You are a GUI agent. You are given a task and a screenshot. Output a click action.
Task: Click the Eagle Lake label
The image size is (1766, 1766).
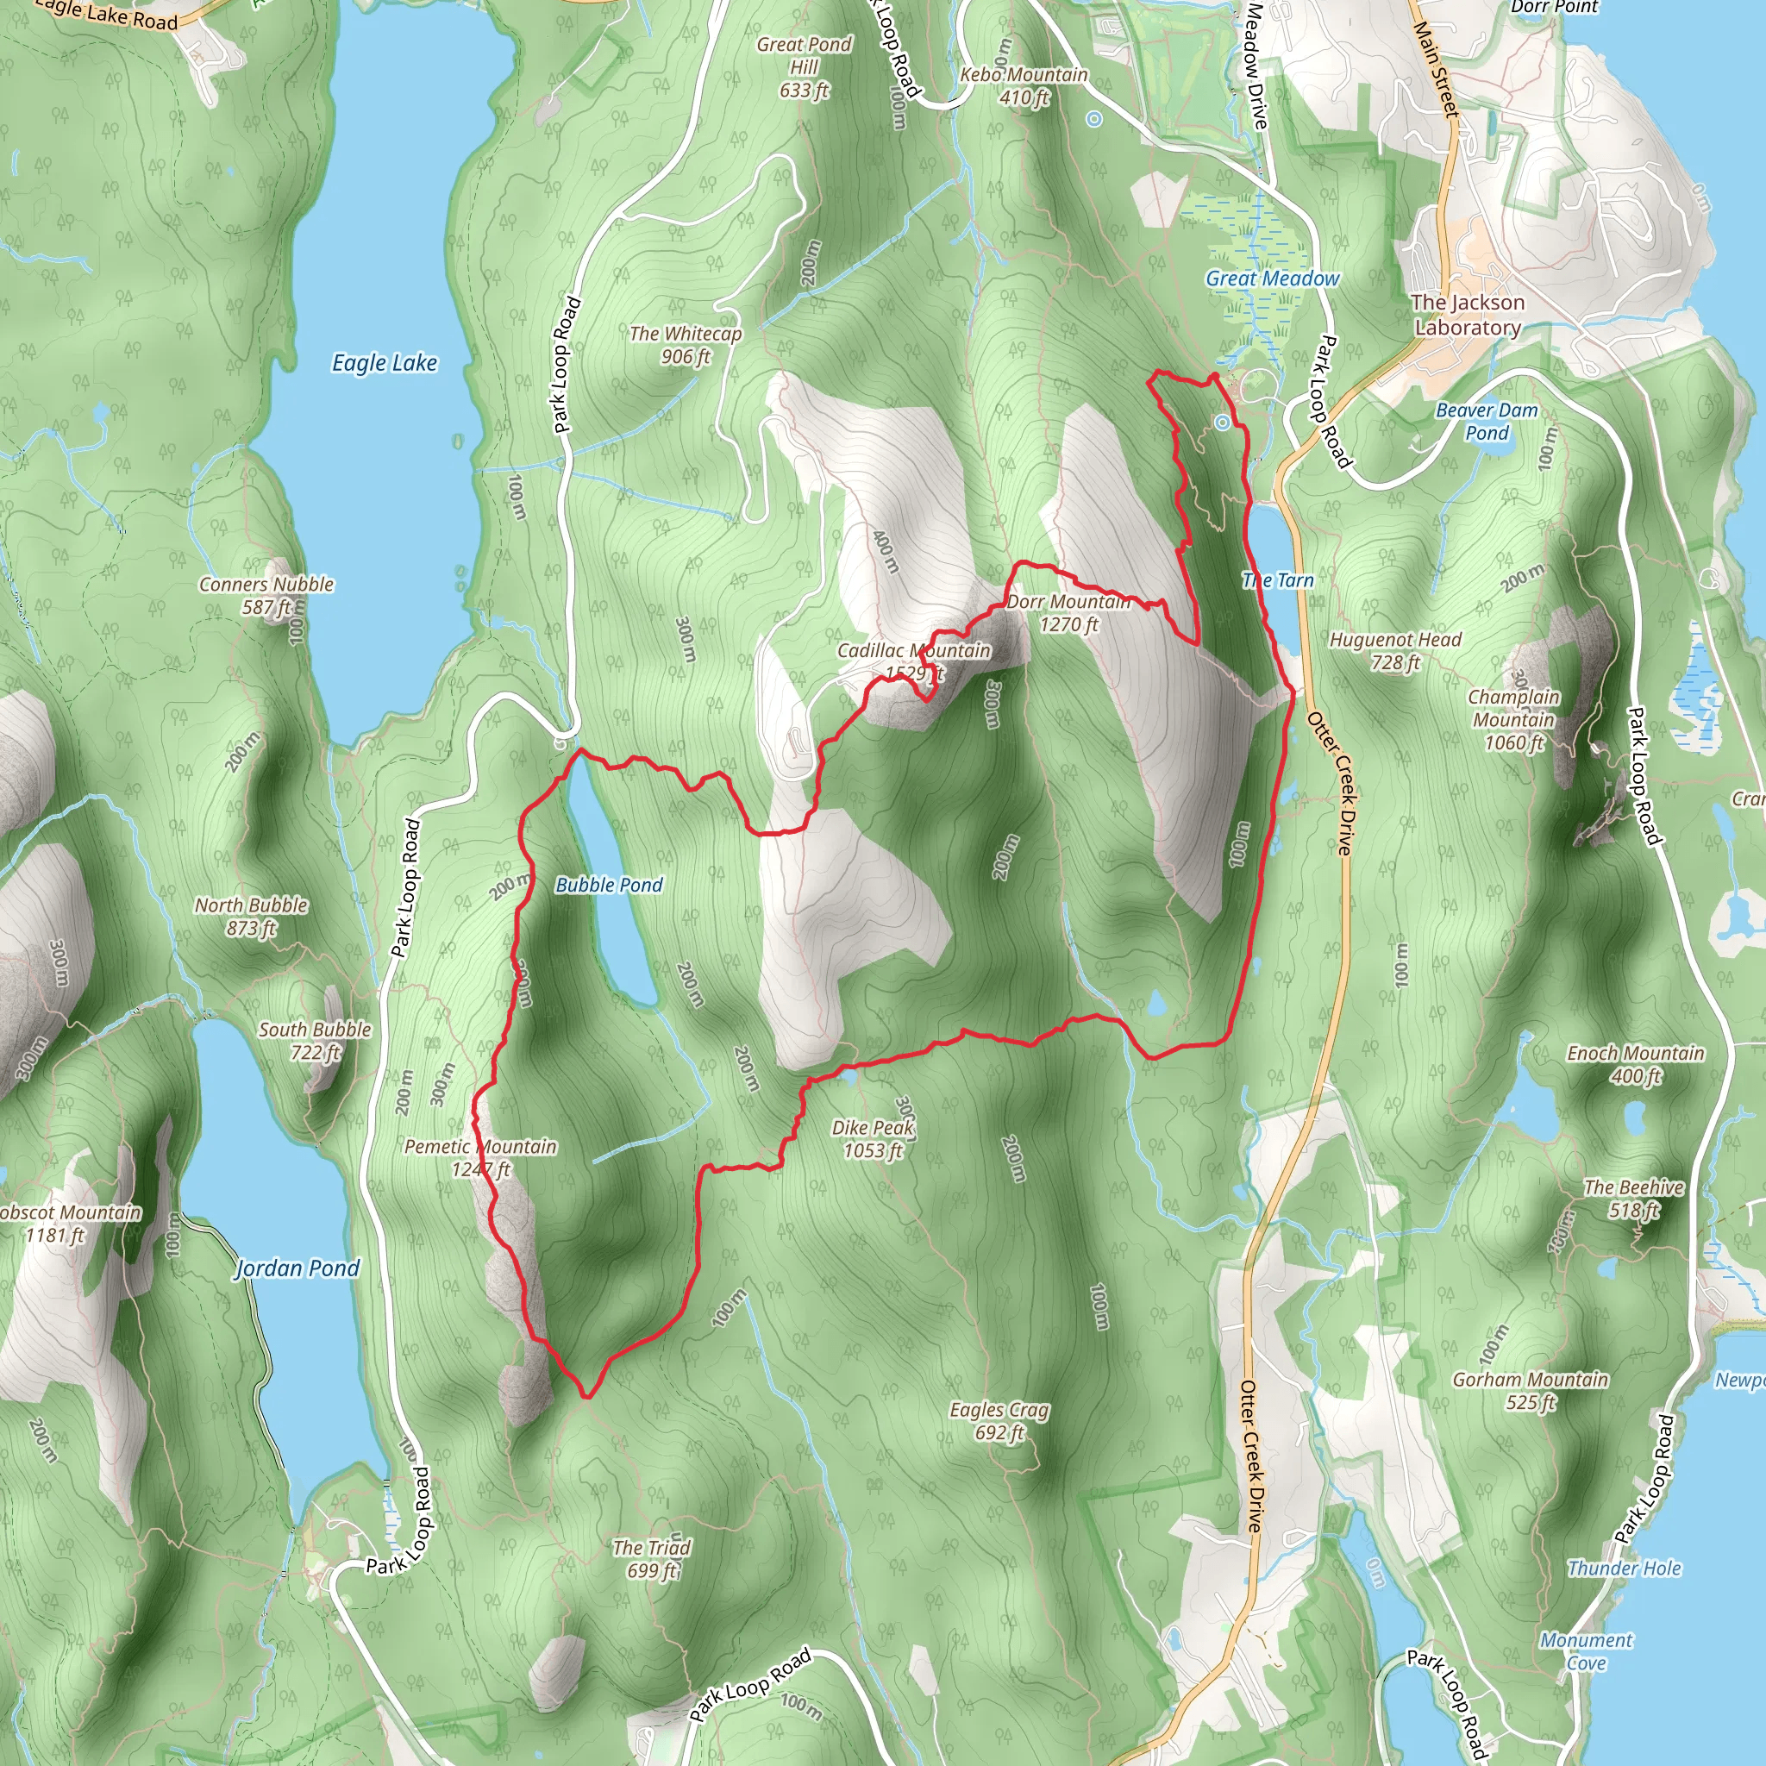coord(384,363)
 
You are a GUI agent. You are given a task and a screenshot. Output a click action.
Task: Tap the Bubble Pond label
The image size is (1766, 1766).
coord(609,885)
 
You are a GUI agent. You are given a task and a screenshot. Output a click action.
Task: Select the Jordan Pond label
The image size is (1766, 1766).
coord(297,1268)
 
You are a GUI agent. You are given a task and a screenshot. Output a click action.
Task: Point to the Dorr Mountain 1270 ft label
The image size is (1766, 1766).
coord(1068,613)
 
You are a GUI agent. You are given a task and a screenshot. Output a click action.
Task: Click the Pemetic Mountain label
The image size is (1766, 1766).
coord(481,1157)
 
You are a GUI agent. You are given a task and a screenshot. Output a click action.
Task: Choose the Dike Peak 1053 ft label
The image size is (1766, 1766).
coord(873,1139)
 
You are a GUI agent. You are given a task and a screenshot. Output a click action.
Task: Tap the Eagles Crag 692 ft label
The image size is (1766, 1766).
coord(999,1420)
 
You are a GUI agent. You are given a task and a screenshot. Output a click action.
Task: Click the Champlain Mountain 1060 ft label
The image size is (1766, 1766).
coord(1513,719)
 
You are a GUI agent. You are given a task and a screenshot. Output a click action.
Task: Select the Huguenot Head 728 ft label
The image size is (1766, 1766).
coord(1395,651)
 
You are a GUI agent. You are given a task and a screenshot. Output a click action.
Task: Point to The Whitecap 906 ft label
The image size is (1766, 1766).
coord(686,345)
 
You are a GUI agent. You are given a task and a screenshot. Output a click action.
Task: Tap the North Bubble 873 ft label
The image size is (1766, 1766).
coord(252,916)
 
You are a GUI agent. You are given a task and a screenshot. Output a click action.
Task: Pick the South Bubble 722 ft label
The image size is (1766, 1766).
coord(316,1040)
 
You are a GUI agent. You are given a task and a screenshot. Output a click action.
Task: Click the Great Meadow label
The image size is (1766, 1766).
coord(1273,279)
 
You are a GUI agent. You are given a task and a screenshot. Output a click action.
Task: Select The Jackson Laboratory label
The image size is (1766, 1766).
coord(1467,315)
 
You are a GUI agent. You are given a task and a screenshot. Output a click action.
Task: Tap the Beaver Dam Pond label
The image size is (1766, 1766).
coord(1487,422)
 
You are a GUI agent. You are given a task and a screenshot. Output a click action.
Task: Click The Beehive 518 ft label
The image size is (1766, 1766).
coord(1633,1199)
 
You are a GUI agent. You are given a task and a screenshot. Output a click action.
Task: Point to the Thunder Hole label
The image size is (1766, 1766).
coord(1625,1569)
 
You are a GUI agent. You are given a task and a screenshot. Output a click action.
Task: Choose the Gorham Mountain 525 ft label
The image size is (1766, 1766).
coord(1531,1390)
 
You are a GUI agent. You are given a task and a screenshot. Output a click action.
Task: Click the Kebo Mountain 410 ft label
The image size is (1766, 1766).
coord(1024,86)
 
